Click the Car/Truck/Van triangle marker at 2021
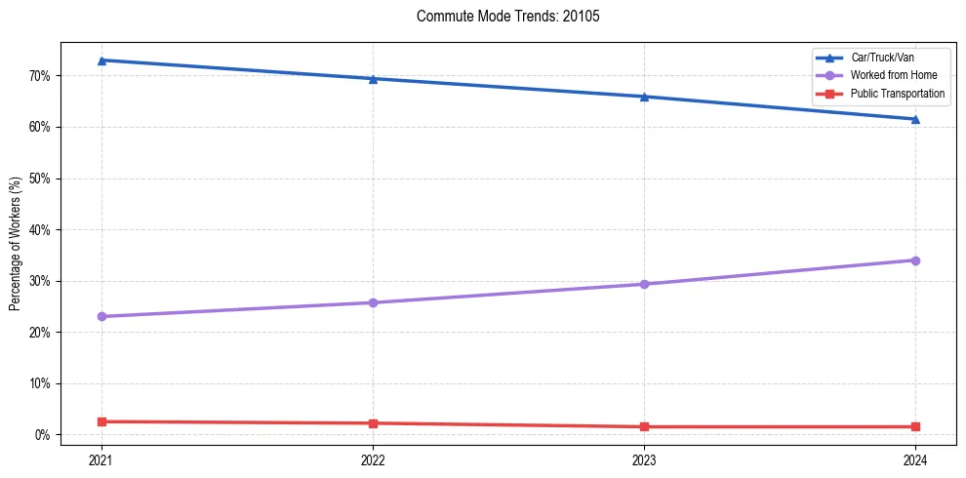pyautogui.click(x=101, y=60)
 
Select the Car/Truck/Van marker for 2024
pyautogui.click(x=915, y=119)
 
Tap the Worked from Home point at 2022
pyautogui.click(x=373, y=302)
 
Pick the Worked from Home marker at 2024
pyautogui.click(x=915, y=260)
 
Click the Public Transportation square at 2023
pyautogui.click(x=644, y=426)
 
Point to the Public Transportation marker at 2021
pyautogui.click(x=101, y=421)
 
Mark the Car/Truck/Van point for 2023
pyautogui.click(x=644, y=97)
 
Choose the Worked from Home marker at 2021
pyautogui.click(x=101, y=316)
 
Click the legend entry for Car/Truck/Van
pyautogui.click(x=882, y=58)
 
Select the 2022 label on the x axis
pyautogui.click(x=373, y=458)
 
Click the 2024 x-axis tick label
pyautogui.click(x=915, y=458)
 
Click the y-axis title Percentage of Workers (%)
pyautogui.click(x=16, y=244)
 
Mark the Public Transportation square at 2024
pyautogui.click(x=915, y=426)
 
